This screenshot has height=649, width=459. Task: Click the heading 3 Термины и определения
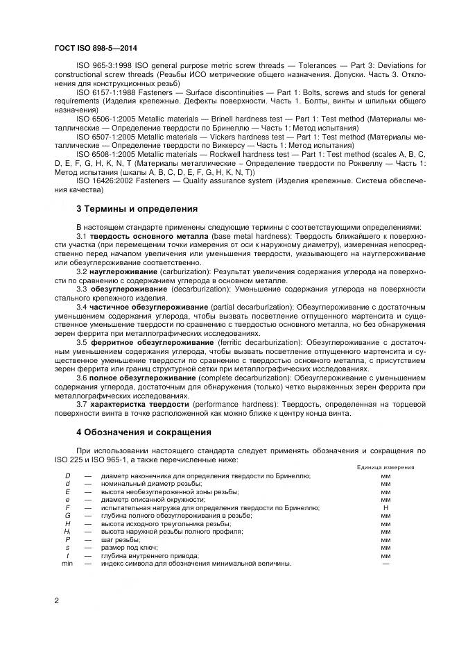tap(137, 208)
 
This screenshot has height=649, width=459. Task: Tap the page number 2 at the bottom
tap(56, 599)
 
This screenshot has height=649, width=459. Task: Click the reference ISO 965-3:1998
tap(102, 64)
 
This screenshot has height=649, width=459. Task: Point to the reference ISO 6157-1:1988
tap(103, 91)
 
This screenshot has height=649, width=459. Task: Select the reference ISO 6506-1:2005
tap(103, 118)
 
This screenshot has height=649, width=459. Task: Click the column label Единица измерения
tap(386, 467)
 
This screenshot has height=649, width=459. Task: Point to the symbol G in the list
tap(67, 516)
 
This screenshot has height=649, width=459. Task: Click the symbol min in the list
tap(67, 564)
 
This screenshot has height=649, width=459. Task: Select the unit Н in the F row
tap(386, 507)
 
